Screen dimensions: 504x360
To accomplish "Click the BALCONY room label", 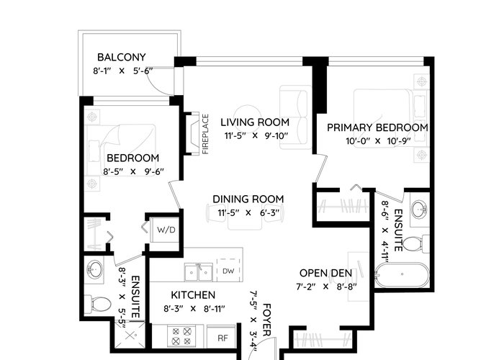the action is click(x=122, y=57).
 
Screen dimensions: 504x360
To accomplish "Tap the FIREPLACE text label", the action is click(x=205, y=134).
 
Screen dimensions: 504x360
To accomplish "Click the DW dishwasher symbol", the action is click(x=228, y=271).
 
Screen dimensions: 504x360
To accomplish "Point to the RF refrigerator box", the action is click(x=222, y=338).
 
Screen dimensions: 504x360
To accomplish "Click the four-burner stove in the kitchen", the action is click(x=181, y=336).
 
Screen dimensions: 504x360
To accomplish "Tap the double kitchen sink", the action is click(x=198, y=272).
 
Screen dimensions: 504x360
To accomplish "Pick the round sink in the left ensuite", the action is click(x=94, y=268).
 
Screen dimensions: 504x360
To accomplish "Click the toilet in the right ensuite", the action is click(x=415, y=244).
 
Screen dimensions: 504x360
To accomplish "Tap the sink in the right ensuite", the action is click(x=420, y=210).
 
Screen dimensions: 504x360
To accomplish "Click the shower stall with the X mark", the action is click(x=130, y=336).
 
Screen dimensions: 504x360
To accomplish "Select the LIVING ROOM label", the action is click(x=255, y=122).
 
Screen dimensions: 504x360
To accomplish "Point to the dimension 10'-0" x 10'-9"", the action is click(x=378, y=141).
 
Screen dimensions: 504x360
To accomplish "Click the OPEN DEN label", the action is click(x=325, y=273).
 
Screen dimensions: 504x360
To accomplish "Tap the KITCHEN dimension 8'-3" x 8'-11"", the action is click(x=194, y=309).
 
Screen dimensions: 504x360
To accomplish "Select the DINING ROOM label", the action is click(x=248, y=199).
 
